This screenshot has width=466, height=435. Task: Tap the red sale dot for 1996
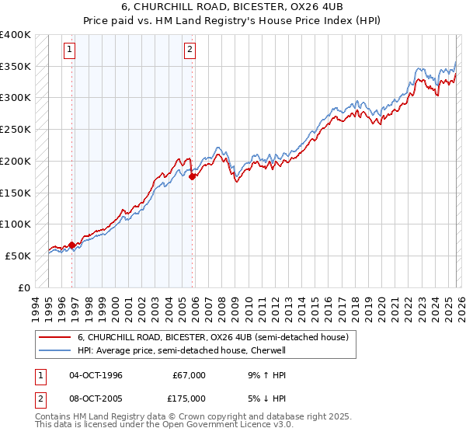(x=72, y=245)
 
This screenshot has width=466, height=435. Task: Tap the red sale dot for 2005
(x=192, y=176)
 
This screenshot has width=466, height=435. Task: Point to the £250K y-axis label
(x=16, y=130)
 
